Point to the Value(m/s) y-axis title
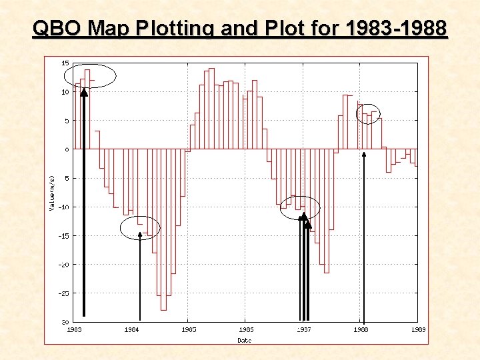point(53,194)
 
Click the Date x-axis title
point(245,340)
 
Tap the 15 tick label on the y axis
point(65,63)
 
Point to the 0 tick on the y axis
point(66,149)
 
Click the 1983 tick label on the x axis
point(75,329)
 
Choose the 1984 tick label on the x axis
point(132,329)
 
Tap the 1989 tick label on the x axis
point(418,329)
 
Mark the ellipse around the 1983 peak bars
point(93,76)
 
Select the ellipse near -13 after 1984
point(140,227)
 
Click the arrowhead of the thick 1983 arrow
point(84,93)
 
